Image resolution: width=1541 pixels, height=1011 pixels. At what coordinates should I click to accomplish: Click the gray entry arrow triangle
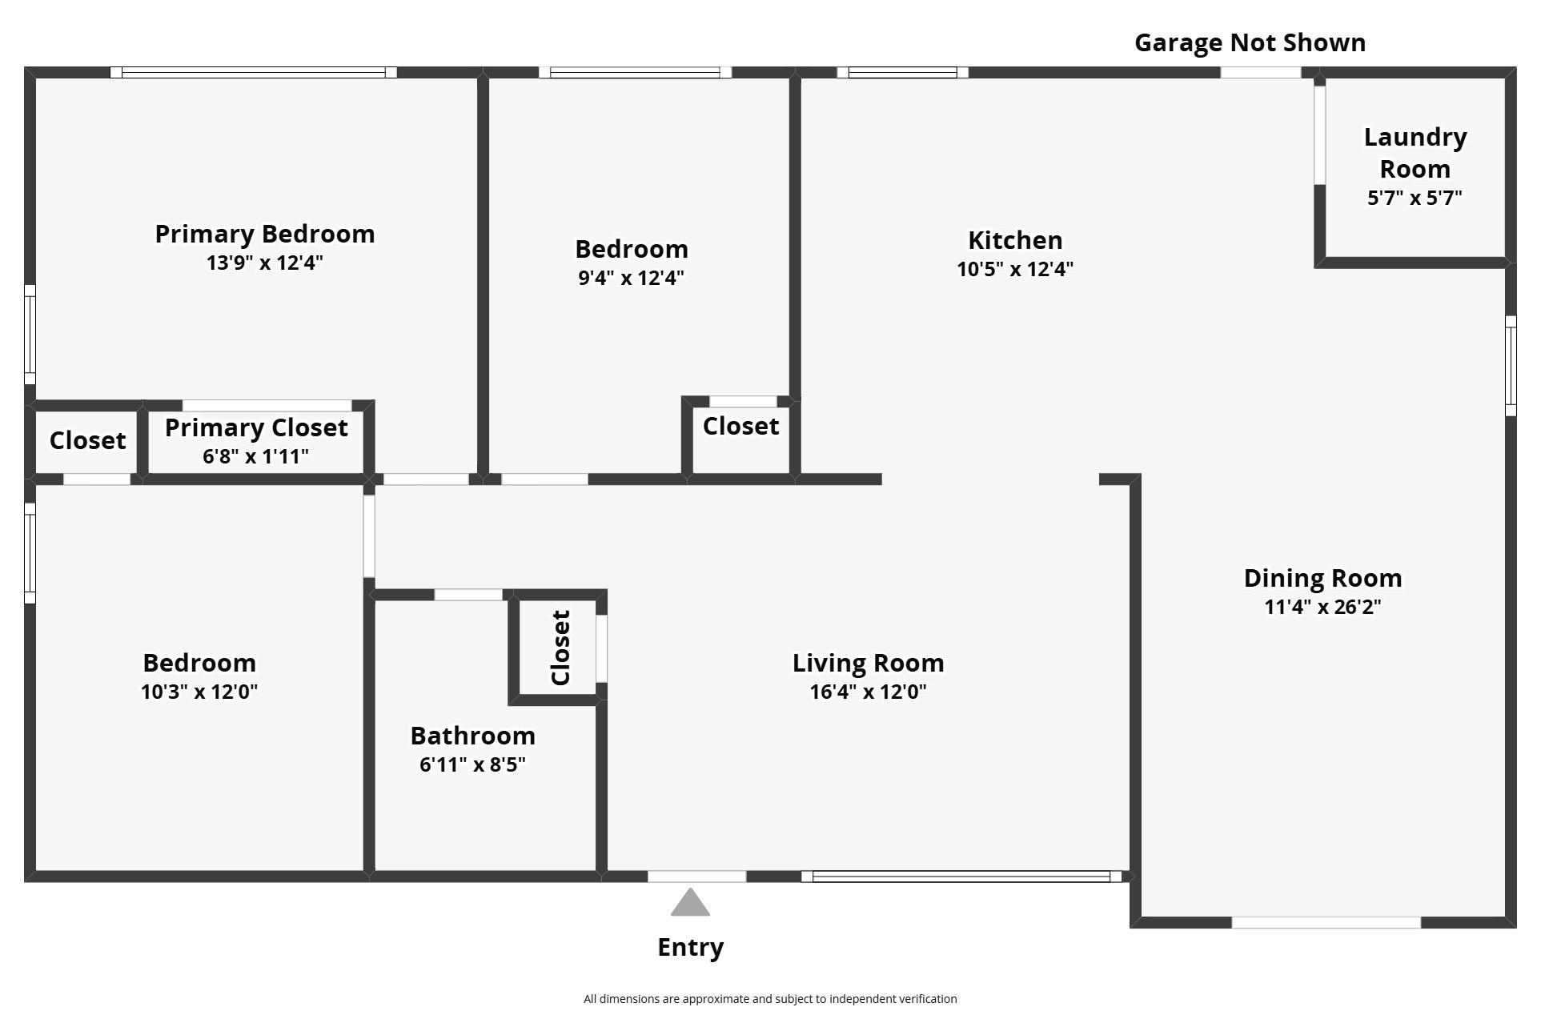(690, 904)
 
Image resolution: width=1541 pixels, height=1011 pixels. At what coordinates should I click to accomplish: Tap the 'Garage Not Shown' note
(1250, 43)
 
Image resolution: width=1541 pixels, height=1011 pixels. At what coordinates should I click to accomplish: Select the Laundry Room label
(1415, 153)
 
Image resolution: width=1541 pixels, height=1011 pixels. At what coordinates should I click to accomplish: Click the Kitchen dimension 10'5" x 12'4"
(1014, 269)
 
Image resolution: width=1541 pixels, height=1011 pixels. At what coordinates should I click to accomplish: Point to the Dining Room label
(1322, 578)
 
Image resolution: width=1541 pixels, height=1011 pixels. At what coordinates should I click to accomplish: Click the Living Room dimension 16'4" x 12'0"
(868, 692)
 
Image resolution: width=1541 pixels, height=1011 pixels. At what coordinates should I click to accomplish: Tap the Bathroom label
(472, 736)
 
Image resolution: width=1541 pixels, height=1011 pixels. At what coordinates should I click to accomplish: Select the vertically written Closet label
(560, 648)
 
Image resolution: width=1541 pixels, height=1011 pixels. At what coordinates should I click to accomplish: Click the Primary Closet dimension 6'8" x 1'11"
(255, 456)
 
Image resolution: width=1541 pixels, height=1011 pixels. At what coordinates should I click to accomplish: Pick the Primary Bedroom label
(264, 234)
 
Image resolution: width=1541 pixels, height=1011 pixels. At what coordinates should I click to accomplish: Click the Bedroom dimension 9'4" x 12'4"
(631, 278)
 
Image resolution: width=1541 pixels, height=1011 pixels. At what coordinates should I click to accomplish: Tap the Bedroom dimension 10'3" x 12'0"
(199, 692)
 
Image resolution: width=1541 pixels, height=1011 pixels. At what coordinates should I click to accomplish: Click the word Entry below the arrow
(690, 947)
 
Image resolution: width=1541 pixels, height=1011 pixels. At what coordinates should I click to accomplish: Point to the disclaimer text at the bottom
(769, 999)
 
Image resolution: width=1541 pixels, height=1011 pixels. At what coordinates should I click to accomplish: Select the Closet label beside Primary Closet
(87, 440)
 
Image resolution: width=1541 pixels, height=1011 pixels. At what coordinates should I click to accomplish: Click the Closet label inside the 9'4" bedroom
(740, 426)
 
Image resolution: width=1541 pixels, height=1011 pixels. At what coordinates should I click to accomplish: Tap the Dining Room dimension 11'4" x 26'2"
(1322, 607)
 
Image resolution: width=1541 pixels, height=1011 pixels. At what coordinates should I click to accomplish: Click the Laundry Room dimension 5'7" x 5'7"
(1415, 198)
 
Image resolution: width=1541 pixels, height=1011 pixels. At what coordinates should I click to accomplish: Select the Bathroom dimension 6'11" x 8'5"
(472, 764)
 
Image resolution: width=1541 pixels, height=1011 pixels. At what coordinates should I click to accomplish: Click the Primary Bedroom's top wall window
(253, 72)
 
